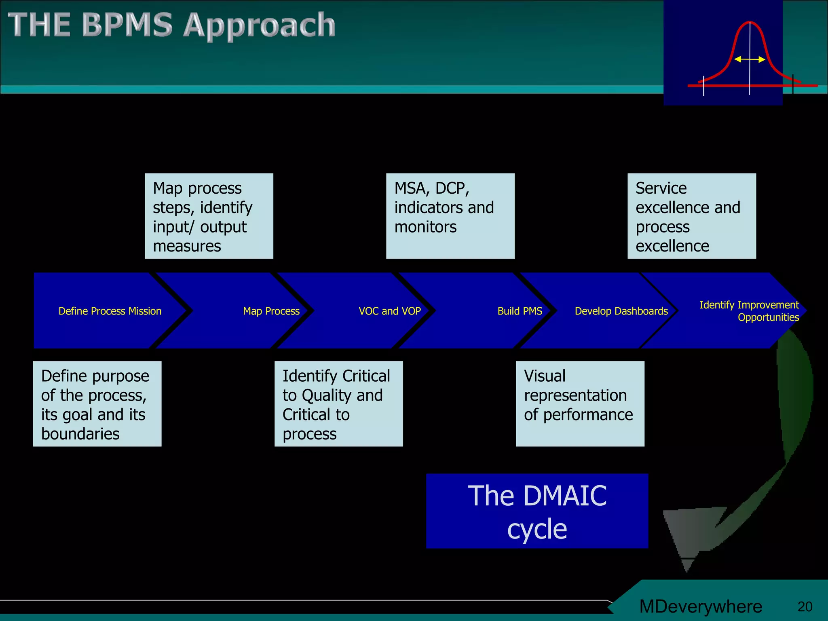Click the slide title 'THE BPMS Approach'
coord(171,25)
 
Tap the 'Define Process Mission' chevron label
coord(110,311)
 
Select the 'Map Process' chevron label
coord(271,311)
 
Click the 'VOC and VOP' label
coord(389,311)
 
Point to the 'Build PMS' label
coord(520,311)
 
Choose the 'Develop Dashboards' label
coord(621,311)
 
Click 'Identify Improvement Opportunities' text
coord(749,311)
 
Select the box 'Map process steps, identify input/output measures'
coord(209,216)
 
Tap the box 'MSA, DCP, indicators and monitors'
coord(450,216)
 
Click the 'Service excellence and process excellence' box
coord(691,216)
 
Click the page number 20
coord(805,606)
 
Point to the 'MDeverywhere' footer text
coord(701,606)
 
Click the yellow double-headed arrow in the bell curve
coord(750,59)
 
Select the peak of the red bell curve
coord(750,23)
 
